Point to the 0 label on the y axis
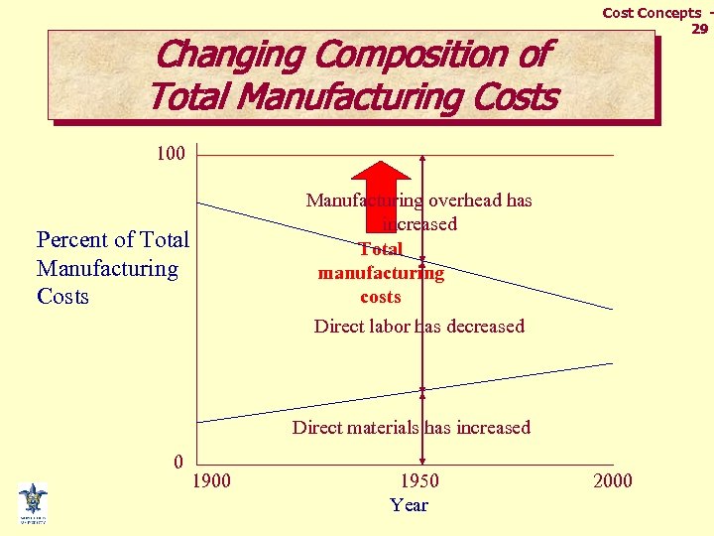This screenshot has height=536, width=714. click(178, 462)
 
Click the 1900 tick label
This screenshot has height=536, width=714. click(210, 481)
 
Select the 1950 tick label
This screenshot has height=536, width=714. click(418, 481)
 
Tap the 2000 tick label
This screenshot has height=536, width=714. click(612, 481)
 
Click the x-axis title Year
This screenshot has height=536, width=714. click(409, 505)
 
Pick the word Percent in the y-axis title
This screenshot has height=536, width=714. click(72, 240)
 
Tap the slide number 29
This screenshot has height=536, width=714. click(699, 29)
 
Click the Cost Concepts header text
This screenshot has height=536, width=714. click(652, 13)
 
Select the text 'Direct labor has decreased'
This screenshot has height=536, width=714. click(418, 327)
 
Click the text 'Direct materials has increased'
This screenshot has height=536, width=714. click(411, 428)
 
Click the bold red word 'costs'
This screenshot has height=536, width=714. click(381, 297)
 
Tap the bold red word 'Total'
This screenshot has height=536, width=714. click(381, 249)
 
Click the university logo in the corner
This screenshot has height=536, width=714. click(33, 502)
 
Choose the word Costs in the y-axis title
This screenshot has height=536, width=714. click(62, 297)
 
